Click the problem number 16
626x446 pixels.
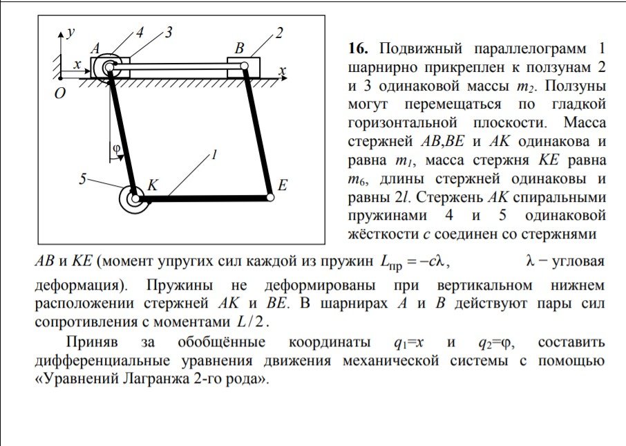[x=359, y=49]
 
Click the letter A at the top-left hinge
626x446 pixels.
[x=95, y=48]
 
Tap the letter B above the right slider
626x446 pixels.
[x=239, y=48]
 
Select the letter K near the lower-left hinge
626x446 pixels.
[x=153, y=185]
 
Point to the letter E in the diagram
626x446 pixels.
[x=283, y=185]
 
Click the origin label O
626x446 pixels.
[x=59, y=93]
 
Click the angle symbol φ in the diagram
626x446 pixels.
[x=117, y=148]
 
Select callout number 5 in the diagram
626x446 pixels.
[x=82, y=178]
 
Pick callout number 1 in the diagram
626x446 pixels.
[x=214, y=155]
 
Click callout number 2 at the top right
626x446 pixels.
[x=279, y=32]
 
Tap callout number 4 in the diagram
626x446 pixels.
[x=140, y=32]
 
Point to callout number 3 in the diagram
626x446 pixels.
[x=169, y=32]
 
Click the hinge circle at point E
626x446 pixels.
[x=270, y=197]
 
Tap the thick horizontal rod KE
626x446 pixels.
[x=203, y=198]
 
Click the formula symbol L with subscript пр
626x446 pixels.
[x=391, y=263]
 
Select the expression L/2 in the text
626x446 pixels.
[x=251, y=322]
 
